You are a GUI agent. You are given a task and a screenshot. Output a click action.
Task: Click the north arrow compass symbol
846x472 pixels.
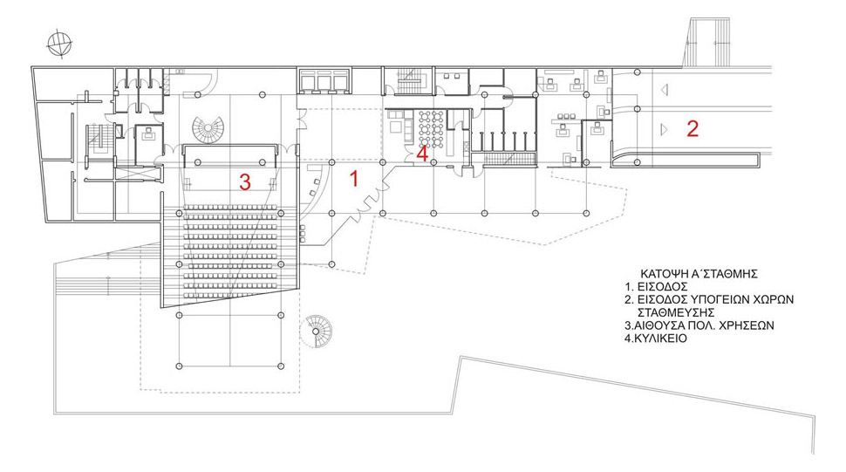(x=59, y=44)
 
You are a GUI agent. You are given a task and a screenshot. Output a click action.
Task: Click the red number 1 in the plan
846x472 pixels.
(x=354, y=178)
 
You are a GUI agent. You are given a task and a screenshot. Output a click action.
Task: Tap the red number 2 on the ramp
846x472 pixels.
(x=692, y=128)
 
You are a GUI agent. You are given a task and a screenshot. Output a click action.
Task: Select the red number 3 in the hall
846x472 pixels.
(x=245, y=182)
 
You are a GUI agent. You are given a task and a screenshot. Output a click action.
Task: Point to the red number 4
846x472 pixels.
(x=422, y=154)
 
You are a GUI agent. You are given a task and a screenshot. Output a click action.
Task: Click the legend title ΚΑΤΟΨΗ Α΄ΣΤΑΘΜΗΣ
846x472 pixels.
(x=699, y=273)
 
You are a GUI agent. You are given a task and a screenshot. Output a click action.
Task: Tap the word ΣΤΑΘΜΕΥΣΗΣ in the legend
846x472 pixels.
(x=676, y=312)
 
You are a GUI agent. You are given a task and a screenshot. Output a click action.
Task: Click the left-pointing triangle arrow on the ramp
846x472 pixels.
(x=665, y=89)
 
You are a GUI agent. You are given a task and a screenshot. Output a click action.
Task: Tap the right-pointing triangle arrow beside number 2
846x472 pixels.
(x=665, y=129)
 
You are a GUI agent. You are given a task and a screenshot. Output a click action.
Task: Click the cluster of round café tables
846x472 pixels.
(x=431, y=129)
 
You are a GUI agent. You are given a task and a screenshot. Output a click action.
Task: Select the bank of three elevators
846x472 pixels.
(x=324, y=81)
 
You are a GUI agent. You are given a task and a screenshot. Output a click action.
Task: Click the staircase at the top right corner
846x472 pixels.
(x=707, y=42)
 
